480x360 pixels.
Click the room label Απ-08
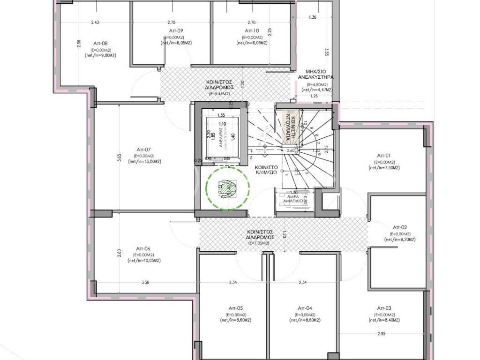(x=101, y=43)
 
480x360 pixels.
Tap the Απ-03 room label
(x=384, y=308)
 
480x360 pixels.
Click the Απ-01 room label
(x=384, y=155)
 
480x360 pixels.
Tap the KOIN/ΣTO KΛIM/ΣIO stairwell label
(x=268, y=170)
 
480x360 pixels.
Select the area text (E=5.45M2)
(x=217, y=94)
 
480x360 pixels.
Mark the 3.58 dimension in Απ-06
(x=146, y=282)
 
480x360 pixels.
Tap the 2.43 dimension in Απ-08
(x=96, y=22)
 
